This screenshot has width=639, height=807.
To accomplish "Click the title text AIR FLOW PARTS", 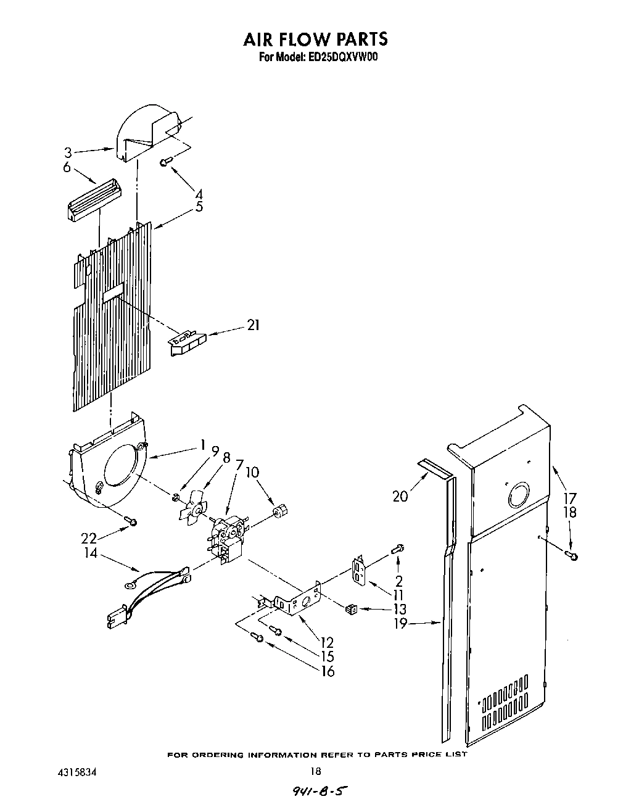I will point(315,39).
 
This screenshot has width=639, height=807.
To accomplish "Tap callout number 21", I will point(253,325).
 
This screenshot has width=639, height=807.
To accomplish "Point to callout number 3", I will point(68,152).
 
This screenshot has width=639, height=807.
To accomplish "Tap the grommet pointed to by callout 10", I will point(280,510).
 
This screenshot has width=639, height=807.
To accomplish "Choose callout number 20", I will point(400,495).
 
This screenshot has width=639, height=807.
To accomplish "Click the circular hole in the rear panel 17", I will point(518,496).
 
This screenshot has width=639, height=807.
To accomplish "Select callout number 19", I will point(400,623).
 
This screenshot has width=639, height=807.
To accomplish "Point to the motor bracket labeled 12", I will point(299,602).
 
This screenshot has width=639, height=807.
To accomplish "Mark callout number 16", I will point(328,671).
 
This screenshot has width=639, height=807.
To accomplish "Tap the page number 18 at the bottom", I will point(316,771).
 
